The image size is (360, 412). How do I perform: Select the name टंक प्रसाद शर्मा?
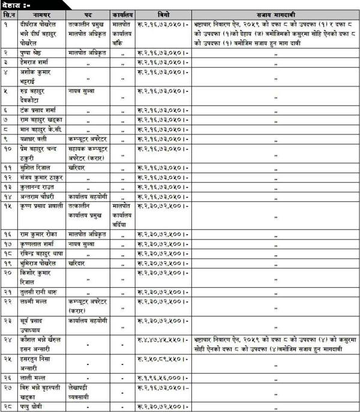(x=39, y=110)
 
